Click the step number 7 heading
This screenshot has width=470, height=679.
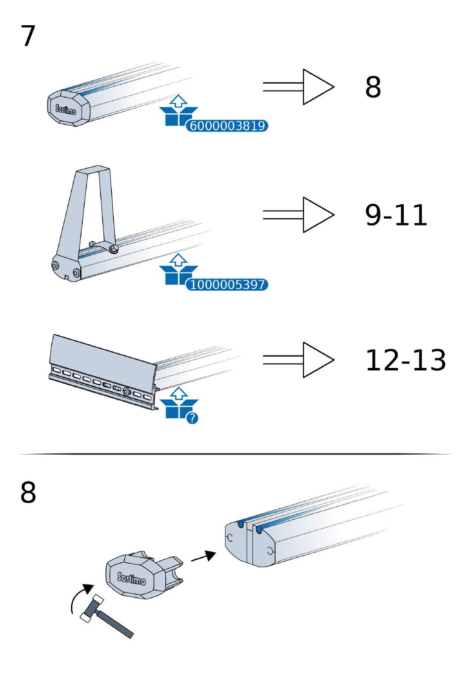pos(28,36)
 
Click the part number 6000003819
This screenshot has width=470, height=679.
pos(227,126)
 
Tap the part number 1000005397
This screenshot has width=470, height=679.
pos(227,285)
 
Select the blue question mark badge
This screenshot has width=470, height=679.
pos(192,418)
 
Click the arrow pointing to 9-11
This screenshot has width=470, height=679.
pos(298,215)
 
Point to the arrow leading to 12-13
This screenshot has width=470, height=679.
pos(298,360)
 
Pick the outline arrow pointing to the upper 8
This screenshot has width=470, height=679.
pos(298,87)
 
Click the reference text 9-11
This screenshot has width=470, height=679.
pos(396,215)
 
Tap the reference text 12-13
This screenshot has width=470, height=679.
pos(405,360)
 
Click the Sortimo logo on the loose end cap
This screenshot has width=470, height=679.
pos(131,579)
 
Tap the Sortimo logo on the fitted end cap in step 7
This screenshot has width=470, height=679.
pos(66,109)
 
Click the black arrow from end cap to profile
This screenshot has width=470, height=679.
pos(203,556)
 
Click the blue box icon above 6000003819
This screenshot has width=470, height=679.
pos(178,110)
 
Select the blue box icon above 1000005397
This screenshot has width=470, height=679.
pos(178,269)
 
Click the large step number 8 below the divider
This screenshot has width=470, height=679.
pos(28,493)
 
